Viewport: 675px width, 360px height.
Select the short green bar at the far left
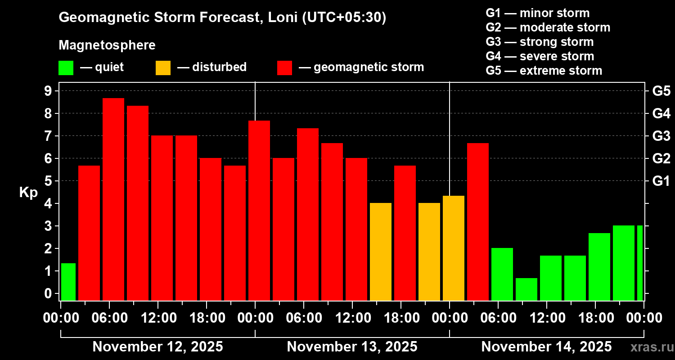(68, 282)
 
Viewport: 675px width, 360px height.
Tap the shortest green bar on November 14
(526, 289)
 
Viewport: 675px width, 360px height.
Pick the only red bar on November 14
(478, 221)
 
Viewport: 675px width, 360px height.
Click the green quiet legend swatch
(66, 68)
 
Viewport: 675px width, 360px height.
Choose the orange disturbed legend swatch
(163, 68)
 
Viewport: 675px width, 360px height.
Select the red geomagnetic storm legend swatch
(284, 68)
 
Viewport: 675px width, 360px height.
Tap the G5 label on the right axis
(661, 91)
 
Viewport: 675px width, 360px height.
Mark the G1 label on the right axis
(661, 181)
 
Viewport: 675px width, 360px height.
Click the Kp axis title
(28, 193)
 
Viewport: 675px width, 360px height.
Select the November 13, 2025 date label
(352, 347)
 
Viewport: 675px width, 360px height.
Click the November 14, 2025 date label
(546, 347)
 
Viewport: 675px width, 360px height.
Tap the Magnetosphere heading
(107, 45)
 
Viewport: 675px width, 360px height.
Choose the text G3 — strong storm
(540, 42)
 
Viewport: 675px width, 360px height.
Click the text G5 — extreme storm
(544, 71)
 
